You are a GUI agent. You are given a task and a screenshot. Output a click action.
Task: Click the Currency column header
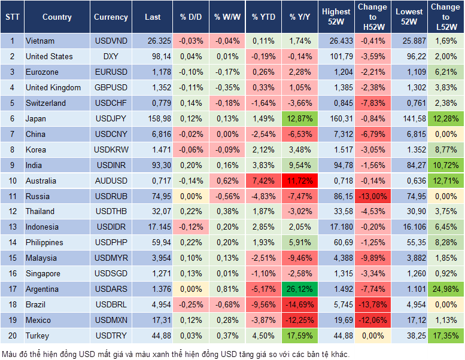111,17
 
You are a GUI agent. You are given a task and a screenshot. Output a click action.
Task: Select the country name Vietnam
40,41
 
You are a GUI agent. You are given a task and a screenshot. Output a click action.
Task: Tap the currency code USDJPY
111,118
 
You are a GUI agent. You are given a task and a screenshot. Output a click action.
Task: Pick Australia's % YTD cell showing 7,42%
263,181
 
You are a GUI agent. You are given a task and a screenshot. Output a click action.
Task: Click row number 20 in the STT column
12,335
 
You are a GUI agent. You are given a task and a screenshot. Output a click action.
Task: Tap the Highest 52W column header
336,17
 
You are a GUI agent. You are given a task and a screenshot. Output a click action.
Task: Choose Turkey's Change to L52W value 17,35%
445,335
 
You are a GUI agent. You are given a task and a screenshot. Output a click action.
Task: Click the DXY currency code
111,57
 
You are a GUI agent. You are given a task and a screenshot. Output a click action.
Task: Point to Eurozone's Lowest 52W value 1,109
410,72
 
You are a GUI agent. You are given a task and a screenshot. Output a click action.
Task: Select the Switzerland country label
45,103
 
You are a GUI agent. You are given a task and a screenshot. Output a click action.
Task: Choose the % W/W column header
227,17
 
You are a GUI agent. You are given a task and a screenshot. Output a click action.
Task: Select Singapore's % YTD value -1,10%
263,273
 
